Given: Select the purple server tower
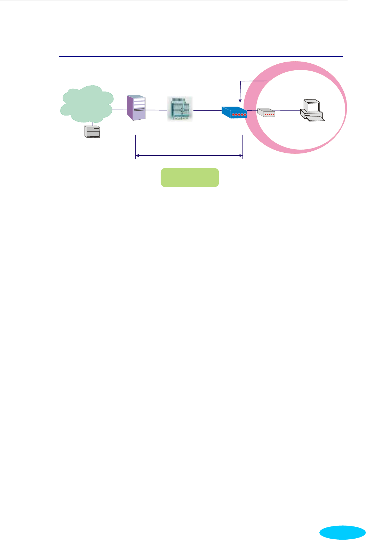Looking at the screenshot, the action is coord(136,108).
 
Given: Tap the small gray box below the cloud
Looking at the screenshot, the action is coord(92,132).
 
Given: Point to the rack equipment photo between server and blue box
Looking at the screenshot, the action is coord(180,109).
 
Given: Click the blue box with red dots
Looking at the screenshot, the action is coord(234,112).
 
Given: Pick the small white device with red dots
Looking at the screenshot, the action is coord(266,113).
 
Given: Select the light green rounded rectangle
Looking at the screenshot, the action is coord(190,177).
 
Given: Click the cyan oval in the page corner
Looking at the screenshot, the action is coord(342,532).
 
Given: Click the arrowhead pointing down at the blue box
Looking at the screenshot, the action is coord(240,101).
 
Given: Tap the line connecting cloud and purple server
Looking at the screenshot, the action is coord(119,110).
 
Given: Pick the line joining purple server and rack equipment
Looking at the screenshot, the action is coord(156,110).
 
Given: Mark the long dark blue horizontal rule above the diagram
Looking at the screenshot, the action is coord(201,56).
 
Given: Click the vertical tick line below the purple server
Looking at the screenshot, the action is coord(135,146).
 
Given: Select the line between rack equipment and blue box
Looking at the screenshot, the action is coord(207,110).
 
